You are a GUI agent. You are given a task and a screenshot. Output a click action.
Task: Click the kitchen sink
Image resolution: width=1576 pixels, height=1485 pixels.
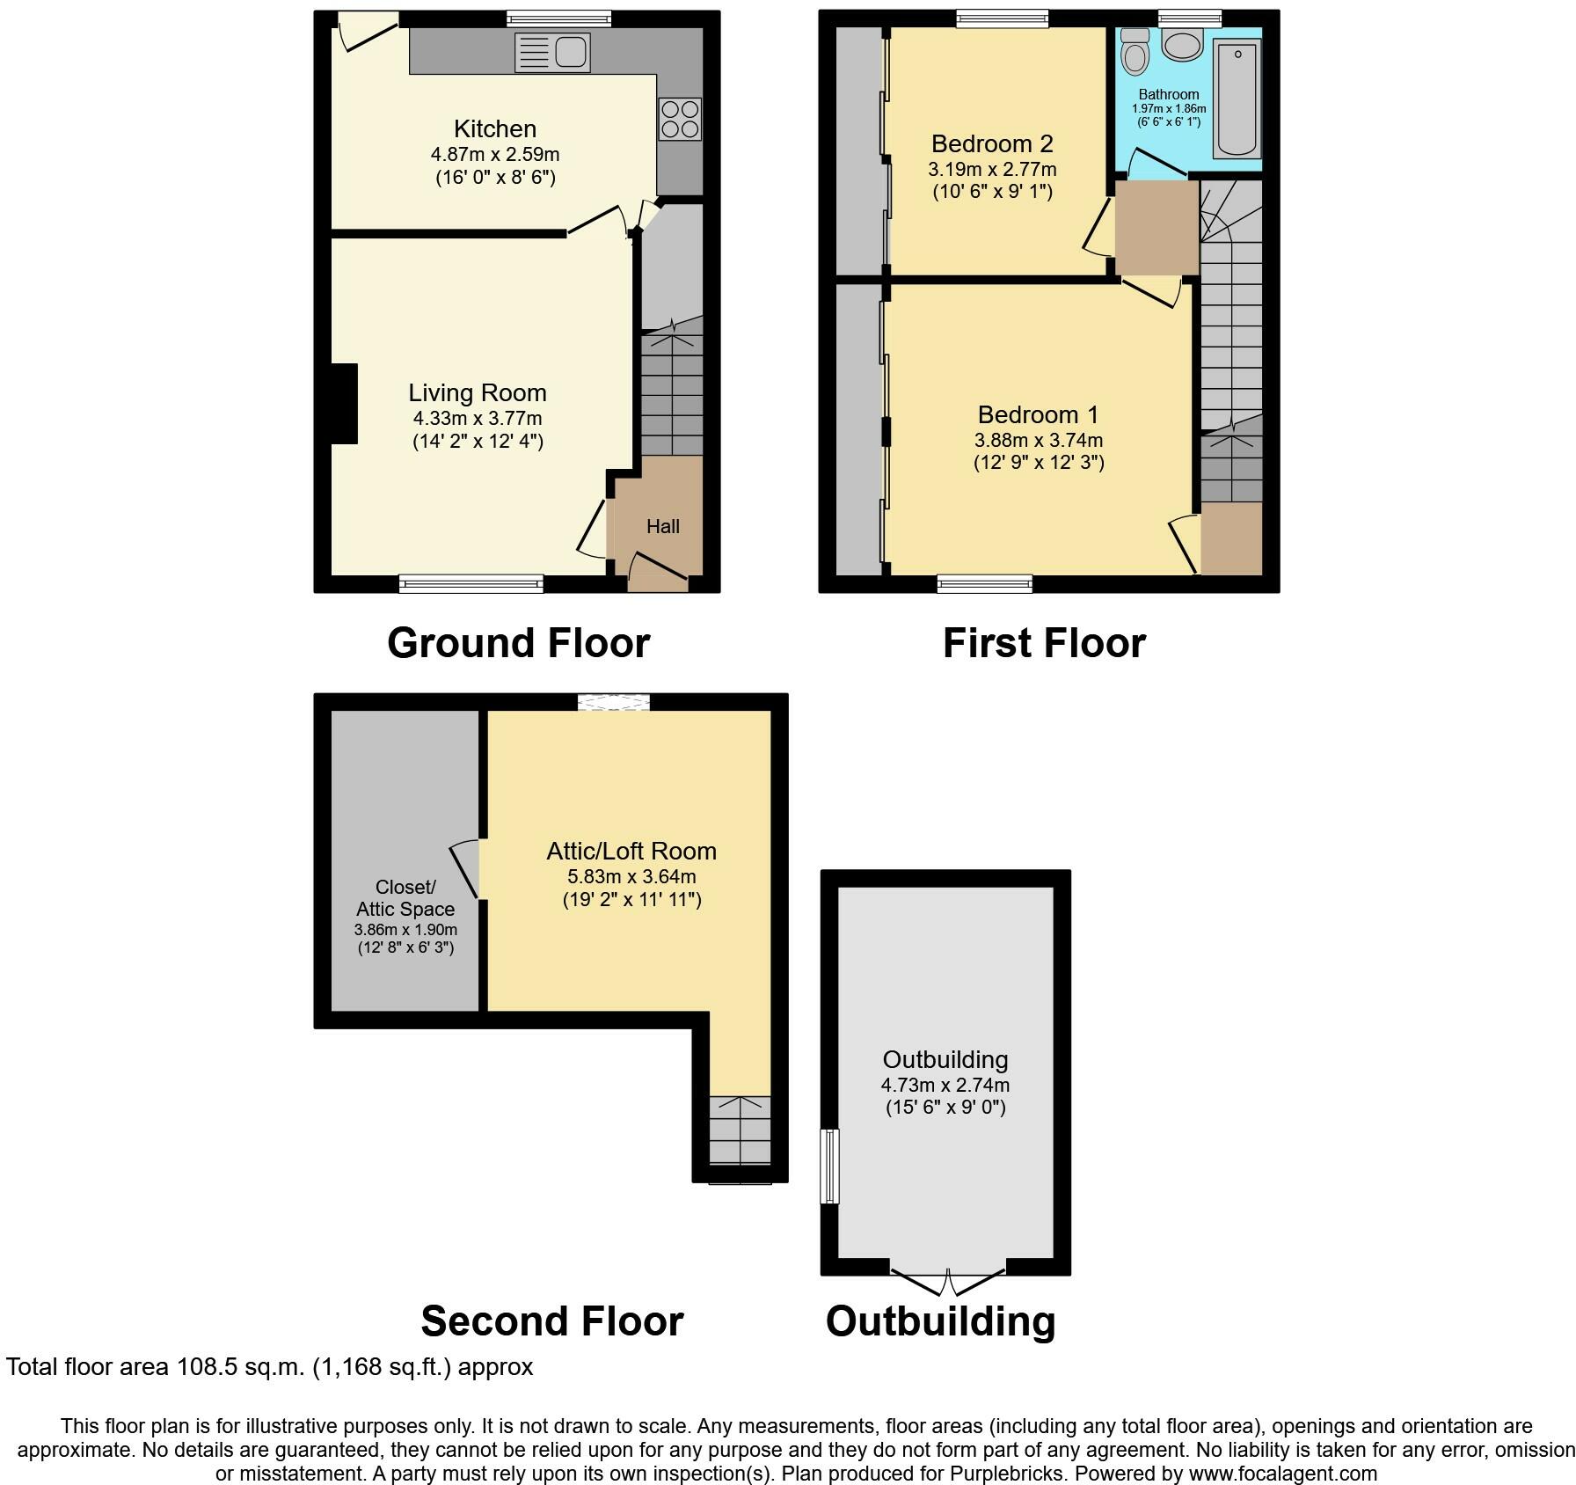click(552, 53)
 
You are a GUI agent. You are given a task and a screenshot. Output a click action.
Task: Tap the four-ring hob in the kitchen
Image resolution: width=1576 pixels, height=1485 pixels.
click(680, 119)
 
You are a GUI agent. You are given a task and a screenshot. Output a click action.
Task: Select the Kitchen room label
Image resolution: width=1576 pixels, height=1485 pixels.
click(495, 128)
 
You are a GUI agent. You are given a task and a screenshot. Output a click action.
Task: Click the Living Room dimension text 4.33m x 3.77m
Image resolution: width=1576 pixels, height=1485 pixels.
click(478, 418)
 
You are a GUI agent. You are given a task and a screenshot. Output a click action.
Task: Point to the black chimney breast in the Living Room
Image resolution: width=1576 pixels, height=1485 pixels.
click(344, 404)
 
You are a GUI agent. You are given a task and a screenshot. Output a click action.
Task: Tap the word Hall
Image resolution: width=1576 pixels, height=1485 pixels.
click(663, 526)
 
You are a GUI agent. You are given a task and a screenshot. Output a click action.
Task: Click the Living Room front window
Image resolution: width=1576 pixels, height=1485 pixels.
click(471, 583)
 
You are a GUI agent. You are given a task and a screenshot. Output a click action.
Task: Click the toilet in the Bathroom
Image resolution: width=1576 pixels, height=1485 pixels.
click(1135, 52)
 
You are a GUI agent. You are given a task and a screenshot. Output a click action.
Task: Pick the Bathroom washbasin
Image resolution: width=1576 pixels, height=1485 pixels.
click(1183, 45)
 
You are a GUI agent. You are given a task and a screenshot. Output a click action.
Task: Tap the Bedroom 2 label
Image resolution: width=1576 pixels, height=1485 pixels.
click(992, 143)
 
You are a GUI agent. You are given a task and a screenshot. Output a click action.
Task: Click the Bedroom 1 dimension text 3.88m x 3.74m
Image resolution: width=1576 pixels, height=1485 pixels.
click(1039, 440)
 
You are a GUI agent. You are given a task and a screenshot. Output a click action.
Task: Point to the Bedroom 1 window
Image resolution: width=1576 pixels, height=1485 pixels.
click(985, 583)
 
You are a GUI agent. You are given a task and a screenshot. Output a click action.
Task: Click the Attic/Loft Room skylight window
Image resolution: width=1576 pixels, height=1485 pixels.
click(614, 701)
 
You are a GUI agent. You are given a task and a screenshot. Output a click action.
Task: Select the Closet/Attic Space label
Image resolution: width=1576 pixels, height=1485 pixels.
click(405, 898)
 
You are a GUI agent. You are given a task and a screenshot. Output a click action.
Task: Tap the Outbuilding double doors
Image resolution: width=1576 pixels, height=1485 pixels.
click(948, 1281)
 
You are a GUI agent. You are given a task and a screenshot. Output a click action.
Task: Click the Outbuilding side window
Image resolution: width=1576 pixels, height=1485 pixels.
click(829, 1167)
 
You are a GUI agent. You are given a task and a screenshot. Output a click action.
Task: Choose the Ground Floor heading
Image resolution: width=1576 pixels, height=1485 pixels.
click(519, 643)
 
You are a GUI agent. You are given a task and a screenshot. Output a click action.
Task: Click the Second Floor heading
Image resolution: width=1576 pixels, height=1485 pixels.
click(552, 1321)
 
